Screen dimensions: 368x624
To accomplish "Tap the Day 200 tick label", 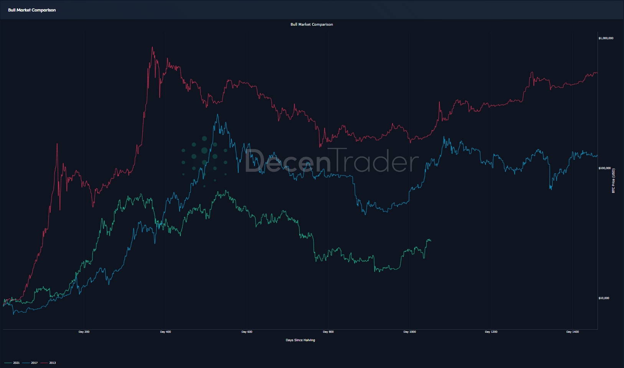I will (84, 332).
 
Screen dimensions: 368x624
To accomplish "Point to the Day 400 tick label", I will (165, 332).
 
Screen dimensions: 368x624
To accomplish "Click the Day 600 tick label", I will (247, 332).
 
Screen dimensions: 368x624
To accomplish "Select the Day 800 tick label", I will (328, 332).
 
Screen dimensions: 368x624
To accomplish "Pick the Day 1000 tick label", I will (409, 332).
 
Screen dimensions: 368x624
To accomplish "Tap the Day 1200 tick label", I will (491, 332).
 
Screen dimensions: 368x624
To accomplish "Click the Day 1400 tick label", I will (572, 332).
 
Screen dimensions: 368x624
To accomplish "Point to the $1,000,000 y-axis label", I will (606, 38).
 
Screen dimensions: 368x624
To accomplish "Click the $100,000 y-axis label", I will (604, 168).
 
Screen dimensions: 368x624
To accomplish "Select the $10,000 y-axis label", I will (604, 298).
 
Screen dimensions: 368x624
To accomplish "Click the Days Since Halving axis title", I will (300, 340).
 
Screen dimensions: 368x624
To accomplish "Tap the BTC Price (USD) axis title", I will (613, 181).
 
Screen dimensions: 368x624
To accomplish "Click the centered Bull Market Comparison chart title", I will (312, 25).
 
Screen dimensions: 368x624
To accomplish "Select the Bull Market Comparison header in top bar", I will (32, 10).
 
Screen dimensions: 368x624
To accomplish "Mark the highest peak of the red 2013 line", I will (152, 47).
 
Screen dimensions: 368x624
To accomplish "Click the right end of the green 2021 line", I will (431, 241).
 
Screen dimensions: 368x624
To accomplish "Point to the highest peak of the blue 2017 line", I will (218, 114).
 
